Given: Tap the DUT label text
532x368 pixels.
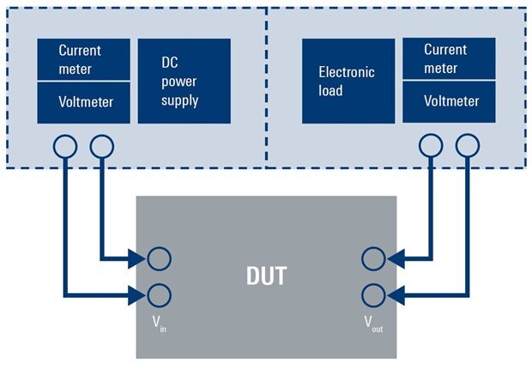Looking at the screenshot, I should click(266, 277).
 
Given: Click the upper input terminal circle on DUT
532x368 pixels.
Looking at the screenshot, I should click(159, 258).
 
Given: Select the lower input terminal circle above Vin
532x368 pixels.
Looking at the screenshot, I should click(159, 296).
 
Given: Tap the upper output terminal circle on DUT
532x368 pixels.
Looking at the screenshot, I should click(373, 258).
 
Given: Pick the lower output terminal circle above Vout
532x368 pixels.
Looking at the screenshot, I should click(373, 296).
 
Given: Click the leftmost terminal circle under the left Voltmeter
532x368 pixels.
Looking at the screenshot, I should click(65, 147).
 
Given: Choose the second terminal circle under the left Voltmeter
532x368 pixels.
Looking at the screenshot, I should click(101, 147).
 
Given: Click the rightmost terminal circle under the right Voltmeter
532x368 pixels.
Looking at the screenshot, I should click(467, 147).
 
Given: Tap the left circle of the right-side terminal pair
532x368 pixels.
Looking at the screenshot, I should click(431, 147).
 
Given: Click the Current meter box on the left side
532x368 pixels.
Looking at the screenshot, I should click(84, 60).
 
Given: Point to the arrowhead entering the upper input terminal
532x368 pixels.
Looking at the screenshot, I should click(138, 258).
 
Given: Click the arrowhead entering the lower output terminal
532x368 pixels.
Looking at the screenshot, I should click(393, 296).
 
